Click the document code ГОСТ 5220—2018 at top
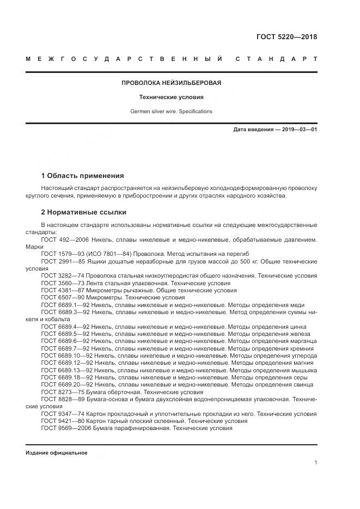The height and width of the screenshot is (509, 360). [x=286, y=38]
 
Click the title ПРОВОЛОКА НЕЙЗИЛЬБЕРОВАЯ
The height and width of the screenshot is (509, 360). [x=171, y=83]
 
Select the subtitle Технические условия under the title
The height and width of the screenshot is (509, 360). [x=171, y=97]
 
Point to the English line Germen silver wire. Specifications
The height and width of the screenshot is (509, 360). [x=171, y=112]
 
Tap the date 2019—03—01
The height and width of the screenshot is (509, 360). [x=299, y=130]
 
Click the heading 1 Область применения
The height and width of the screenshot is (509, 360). [x=82, y=176]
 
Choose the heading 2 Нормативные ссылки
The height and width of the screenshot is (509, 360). [x=83, y=212]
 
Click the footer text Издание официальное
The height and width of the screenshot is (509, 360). [x=56, y=453]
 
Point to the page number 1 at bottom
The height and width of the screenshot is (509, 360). [x=316, y=463]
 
